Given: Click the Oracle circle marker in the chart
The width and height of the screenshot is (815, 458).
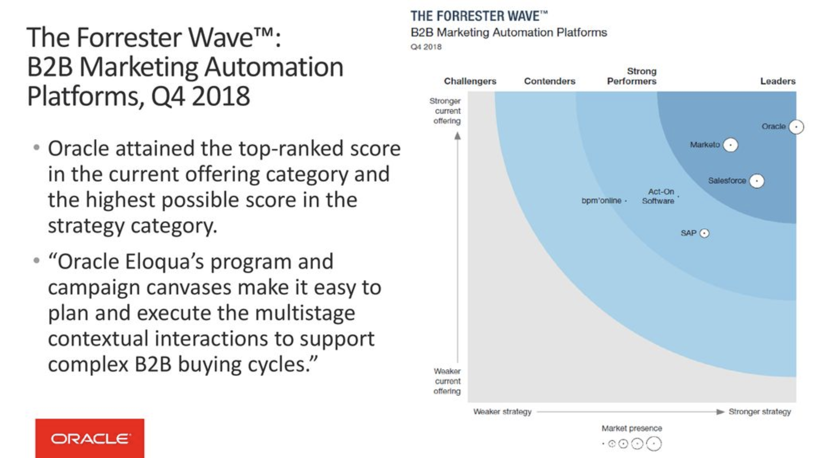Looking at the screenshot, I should [796, 127].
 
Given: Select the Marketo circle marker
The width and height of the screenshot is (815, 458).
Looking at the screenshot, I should [730, 145].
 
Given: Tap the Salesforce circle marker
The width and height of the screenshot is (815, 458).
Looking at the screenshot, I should [757, 181].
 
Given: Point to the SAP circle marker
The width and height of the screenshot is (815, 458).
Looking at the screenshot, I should [704, 233].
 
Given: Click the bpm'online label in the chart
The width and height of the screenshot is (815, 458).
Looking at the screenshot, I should [601, 201].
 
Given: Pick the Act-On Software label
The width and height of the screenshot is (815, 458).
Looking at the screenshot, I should [659, 196].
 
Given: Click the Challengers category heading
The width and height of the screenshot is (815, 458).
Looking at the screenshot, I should [470, 81].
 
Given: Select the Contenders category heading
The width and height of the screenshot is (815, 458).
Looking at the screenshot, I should [550, 81].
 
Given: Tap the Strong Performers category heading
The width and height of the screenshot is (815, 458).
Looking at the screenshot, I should [632, 76].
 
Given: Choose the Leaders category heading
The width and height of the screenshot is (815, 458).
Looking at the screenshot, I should [778, 81].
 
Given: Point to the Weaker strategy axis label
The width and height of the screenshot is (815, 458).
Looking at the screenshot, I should [502, 412].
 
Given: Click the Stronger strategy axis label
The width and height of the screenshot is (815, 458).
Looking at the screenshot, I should [760, 412].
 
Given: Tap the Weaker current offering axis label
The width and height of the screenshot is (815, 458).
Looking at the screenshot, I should [447, 381].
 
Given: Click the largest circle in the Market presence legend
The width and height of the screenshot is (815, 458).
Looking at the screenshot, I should [654, 444].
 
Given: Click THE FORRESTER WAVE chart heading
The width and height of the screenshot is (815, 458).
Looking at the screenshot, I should [479, 16].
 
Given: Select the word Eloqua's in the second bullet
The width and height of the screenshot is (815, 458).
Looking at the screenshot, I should [164, 262].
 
